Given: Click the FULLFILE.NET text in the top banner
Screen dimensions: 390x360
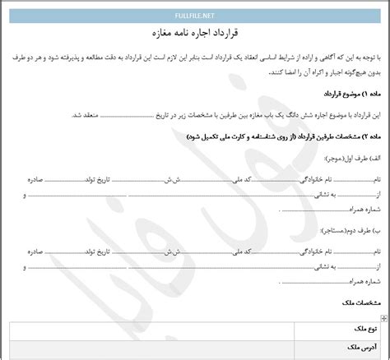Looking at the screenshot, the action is point(195,14).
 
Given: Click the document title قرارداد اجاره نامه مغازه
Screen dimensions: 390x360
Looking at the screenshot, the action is point(194,35).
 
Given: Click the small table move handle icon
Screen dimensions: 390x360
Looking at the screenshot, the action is point(382,316).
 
